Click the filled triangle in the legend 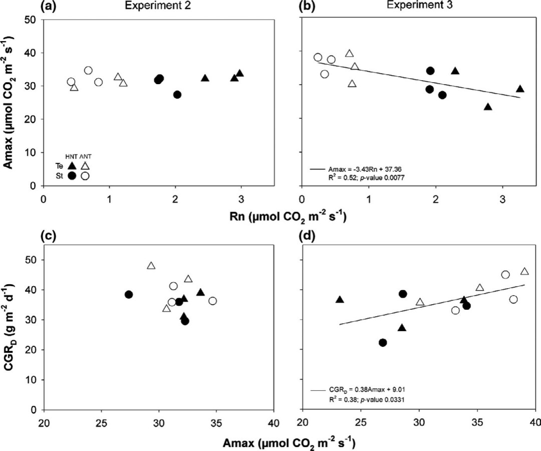click(x=72, y=165)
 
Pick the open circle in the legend click(x=85, y=176)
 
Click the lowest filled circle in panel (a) click(x=177, y=95)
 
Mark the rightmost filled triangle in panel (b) click(x=520, y=89)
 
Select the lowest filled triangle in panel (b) click(x=488, y=107)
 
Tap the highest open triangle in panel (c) click(x=151, y=266)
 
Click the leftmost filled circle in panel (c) click(x=129, y=295)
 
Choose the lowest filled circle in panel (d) click(x=383, y=343)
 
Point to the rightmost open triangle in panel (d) click(x=524, y=272)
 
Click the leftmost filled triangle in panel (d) click(x=340, y=300)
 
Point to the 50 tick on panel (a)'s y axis click(x=32, y=20)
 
